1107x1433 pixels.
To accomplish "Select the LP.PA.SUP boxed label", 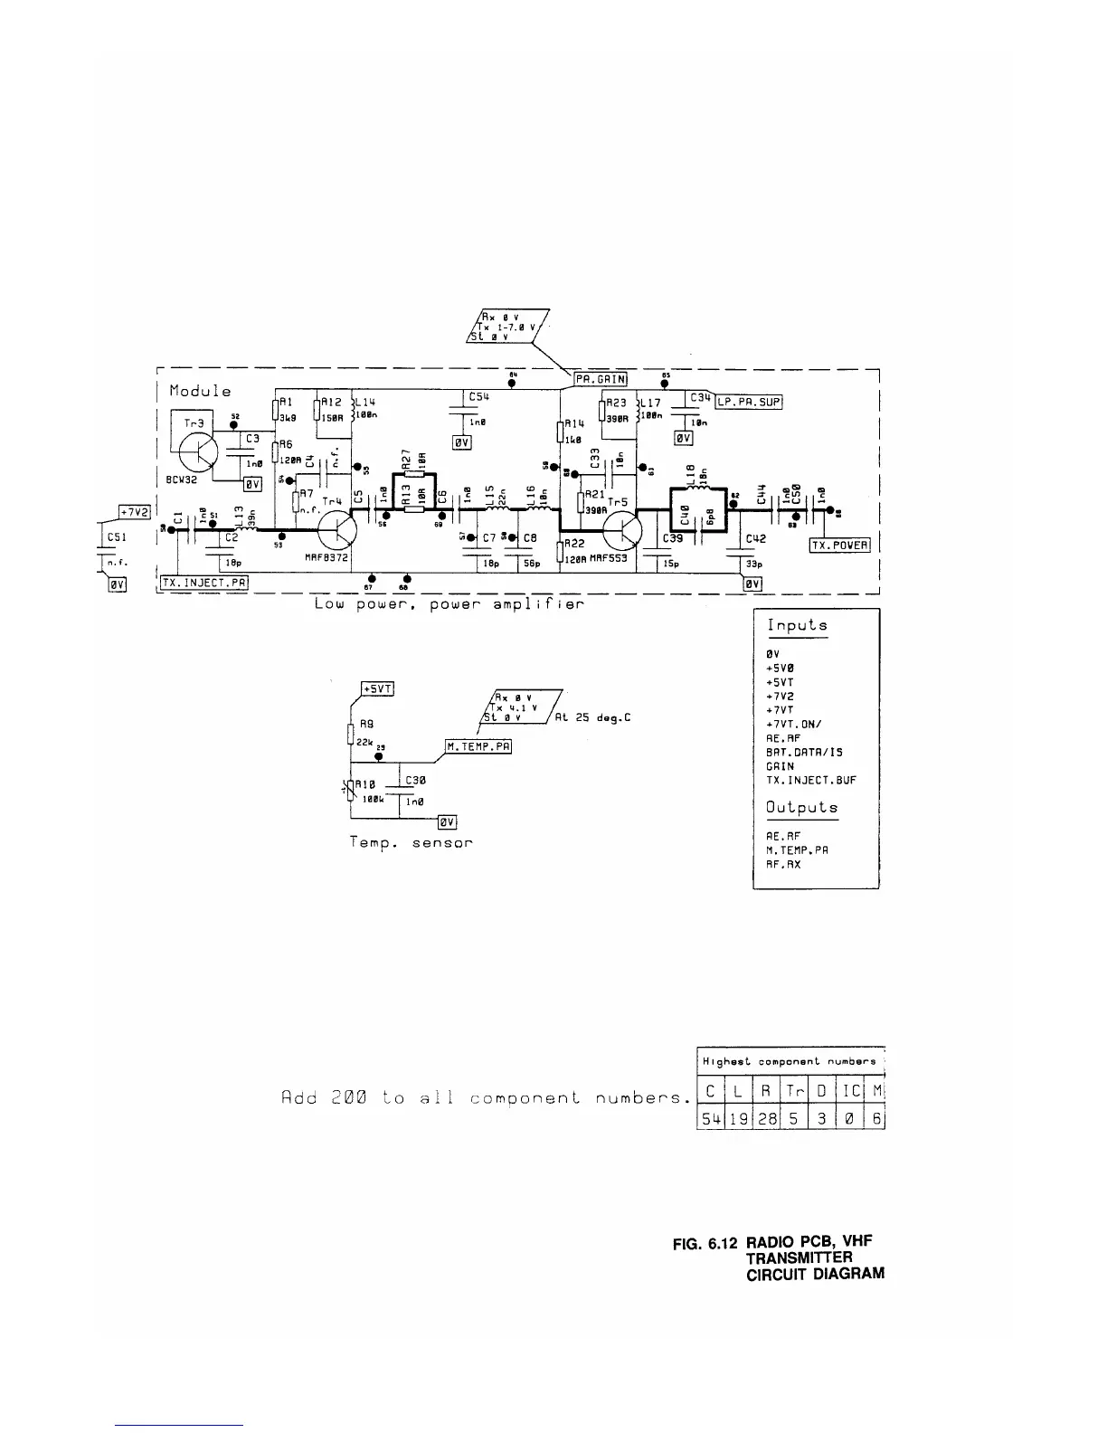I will pos(749,402).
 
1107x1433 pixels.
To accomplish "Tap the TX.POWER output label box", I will pos(838,545).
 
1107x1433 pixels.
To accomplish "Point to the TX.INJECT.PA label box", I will pos(204,583).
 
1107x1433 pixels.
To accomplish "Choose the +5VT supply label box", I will pos(377,689).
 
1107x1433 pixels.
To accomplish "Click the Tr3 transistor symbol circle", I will pos(196,451).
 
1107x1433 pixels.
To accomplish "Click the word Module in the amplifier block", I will pos(199,391).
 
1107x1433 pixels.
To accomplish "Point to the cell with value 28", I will pos(767,1119).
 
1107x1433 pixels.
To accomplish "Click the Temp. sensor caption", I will pos(411,842).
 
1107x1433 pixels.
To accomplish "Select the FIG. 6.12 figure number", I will pos(706,1245).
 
